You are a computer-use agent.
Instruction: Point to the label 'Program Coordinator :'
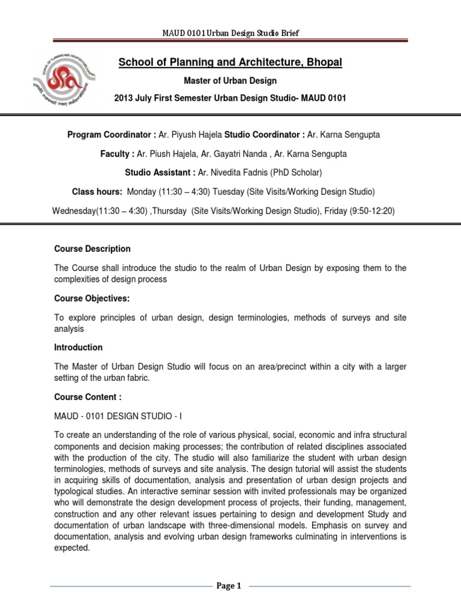pos(111,136)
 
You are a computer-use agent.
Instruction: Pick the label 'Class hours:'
pos(97,192)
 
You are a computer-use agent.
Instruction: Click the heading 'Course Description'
pos(92,249)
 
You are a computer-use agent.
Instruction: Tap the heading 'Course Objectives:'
pos(92,298)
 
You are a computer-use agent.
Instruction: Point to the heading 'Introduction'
pos(78,347)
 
